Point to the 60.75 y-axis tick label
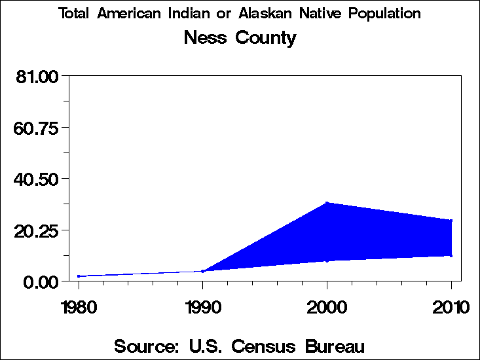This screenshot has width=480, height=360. point(37,128)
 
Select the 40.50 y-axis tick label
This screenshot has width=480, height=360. point(37,179)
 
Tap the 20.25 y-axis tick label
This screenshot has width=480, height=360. point(37,230)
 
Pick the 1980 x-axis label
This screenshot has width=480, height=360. point(79,307)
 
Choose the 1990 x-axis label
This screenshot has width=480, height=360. point(203,307)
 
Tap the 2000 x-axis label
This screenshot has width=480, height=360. point(327,307)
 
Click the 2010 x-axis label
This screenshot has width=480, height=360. point(451,307)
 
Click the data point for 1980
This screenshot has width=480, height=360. point(79,276)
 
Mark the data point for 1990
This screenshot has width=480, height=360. point(203,271)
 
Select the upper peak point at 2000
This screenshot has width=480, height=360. point(327,203)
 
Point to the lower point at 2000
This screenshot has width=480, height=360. point(327,261)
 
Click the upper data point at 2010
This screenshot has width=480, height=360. point(451,221)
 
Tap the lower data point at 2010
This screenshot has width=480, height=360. point(451,255)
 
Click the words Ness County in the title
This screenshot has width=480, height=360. point(240,38)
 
